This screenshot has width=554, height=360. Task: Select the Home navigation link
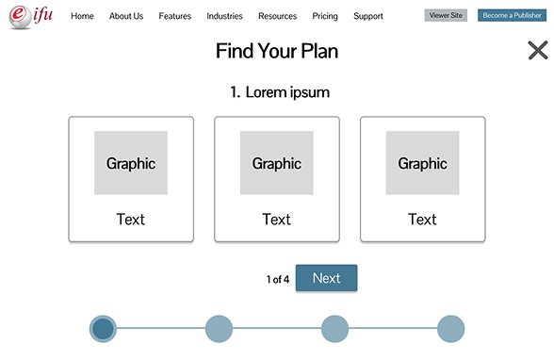[82, 16]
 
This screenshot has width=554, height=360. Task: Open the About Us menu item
[126, 16]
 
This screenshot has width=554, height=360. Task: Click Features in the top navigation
[175, 16]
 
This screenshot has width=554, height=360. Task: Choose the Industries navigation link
[224, 16]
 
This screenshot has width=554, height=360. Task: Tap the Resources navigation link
[277, 16]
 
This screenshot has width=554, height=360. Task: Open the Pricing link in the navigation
[325, 16]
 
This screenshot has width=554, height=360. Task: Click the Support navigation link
[368, 16]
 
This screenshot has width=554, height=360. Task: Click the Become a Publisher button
[513, 16]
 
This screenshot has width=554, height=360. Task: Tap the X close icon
[537, 51]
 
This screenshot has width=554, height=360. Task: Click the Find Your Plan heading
[276, 51]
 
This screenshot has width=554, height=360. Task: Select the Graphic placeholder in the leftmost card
[131, 163]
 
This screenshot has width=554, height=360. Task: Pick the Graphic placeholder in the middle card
[277, 163]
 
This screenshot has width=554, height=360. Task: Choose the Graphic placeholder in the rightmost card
[423, 163]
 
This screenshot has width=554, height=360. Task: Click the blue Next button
[326, 278]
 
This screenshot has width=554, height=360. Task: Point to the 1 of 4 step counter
[277, 279]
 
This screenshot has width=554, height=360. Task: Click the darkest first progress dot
[103, 328]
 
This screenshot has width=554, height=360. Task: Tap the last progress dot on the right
[451, 328]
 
